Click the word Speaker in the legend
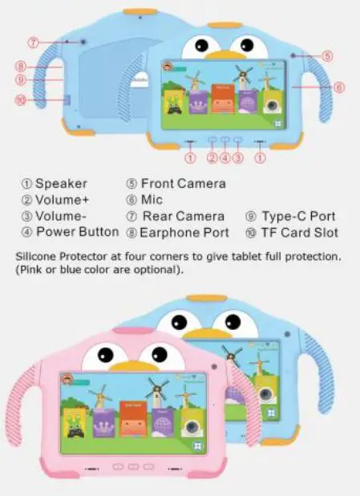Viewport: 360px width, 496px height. pos(61,184)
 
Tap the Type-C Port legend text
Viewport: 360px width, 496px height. pos(300,217)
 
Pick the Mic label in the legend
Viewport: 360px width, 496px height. pos(152,200)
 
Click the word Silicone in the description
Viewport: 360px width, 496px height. pos(39,256)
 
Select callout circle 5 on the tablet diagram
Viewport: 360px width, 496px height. pos(328,55)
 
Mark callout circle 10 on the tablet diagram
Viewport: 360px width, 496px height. pos(22,100)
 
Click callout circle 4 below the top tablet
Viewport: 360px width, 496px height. pos(225,157)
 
